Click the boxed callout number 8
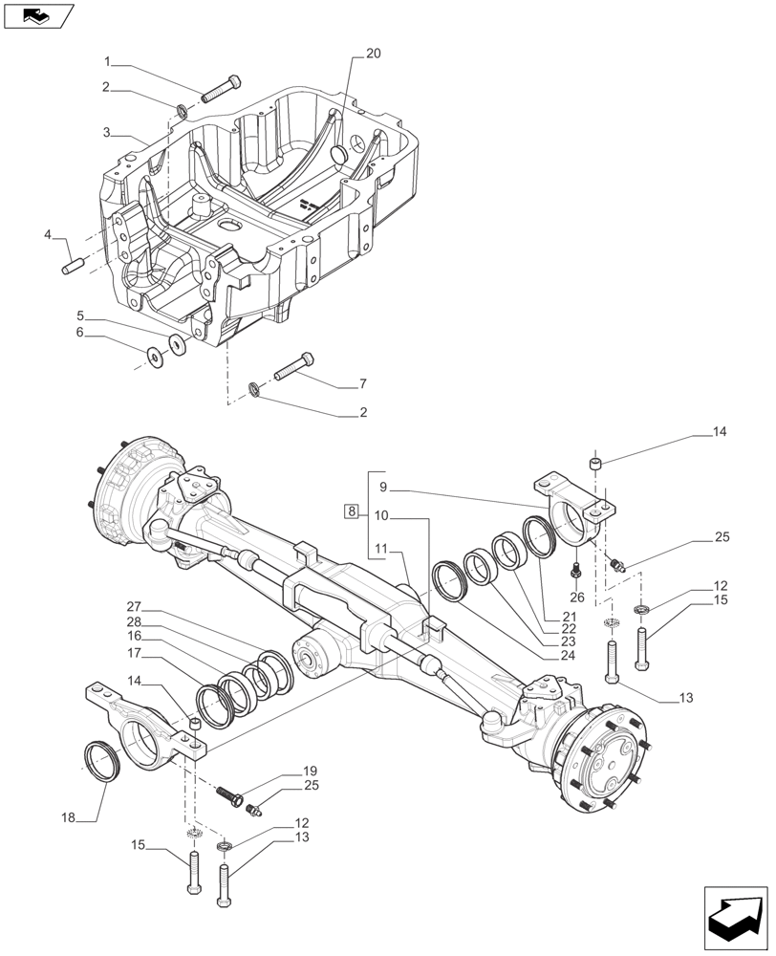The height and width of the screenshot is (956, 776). click(x=353, y=512)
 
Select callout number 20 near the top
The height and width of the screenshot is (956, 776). click(x=373, y=54)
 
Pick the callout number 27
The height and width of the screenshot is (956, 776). click(x=133, y=606)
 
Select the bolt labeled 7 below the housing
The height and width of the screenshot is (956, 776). click(x=292, y=367)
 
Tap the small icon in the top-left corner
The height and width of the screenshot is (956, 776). click(x=38, y=15)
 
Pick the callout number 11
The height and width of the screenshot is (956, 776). click(x=381, y=548)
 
